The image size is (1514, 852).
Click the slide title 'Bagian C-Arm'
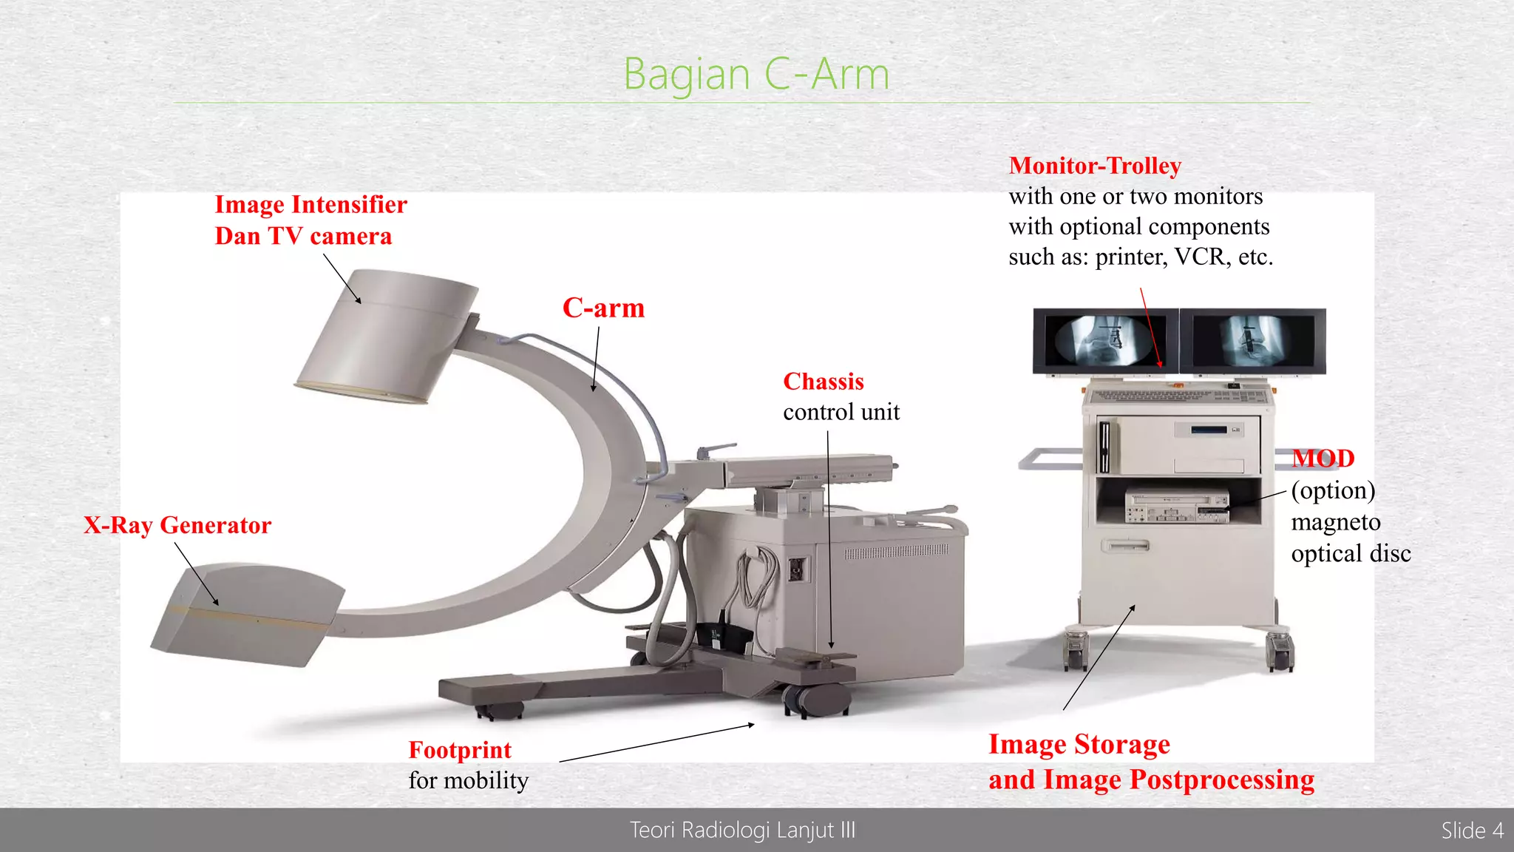[756, 74]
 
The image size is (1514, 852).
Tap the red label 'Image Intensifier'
[310, 205]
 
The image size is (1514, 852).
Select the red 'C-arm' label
[603, 308]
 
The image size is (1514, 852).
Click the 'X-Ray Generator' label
[177, 525]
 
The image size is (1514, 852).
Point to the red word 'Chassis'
[824, 382]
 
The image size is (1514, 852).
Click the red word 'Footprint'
[460, 750]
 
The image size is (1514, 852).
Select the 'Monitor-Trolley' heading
[1095, 166]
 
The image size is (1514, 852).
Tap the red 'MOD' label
[1323, 459]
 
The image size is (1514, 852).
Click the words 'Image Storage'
[1079, 744]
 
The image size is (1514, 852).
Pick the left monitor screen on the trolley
[1104, 341]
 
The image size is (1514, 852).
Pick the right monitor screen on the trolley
[1252, 341]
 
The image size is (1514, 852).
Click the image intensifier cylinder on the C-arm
[388, 337]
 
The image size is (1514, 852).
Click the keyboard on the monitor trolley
[1178, 396]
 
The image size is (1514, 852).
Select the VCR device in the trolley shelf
[1177, 507]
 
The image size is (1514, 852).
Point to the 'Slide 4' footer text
[1471, 831]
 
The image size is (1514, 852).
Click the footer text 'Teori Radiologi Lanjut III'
[742, 831]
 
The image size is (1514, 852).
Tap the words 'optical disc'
[1351, 553]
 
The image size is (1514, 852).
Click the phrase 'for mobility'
[468, 780]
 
